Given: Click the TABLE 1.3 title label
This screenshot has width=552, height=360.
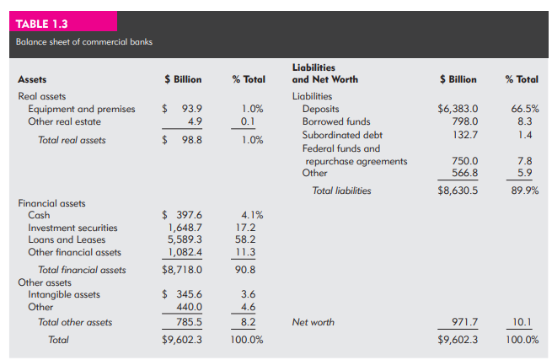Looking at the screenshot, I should pyautogui.click(x=42, y=24).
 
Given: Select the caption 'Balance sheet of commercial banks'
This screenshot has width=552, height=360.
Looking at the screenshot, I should pyautogui.click(x=84, y=41).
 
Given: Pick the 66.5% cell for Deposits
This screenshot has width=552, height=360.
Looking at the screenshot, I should pyautogui.click(x=521, y=109).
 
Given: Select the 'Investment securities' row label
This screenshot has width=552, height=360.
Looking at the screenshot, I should pyautogui.click(x=73, y=228).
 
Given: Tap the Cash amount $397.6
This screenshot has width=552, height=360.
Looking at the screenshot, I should pyautogui.click(x=182, y=215).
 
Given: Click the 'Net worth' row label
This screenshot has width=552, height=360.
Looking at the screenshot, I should pyautogui.click(x=313, y=322).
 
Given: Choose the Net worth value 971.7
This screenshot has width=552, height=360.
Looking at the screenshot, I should pyautogui.click(x=465, y=322).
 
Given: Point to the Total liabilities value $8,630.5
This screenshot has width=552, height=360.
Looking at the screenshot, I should pyautogui.click(x=458, y=191).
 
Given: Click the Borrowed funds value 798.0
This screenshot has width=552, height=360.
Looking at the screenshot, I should pyautogui.click(x=465, y=121).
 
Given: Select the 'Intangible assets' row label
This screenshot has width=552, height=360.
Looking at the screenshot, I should pyautogui.click(x=64, y=294).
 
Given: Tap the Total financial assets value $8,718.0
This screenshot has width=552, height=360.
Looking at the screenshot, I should pyautogui.click(x=182, y=270).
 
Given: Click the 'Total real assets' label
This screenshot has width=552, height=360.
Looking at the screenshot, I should pyautogui.click(x=72, y=140).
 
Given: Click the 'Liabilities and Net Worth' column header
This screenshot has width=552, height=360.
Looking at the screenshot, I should pyautogui.click(x=324, y=73).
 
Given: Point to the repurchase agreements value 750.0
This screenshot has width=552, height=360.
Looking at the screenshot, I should pyautogui.click(x=465, y=161).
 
